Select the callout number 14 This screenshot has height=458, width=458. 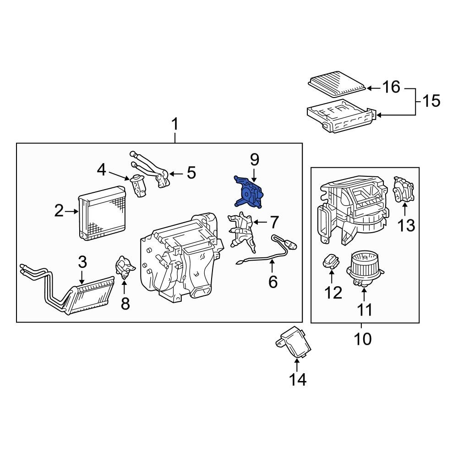click(x=297, y=379)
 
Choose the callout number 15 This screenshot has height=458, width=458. click(x=430, y=100)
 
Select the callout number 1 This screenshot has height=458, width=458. click(x=175, y=125)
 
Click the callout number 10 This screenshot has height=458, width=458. click(x=361, y=339)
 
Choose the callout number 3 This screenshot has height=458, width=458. click(x=82, y=263)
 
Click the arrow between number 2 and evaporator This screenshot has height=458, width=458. click(x=72, y=211)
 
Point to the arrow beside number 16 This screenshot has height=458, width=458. click(x=373, y=87)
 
